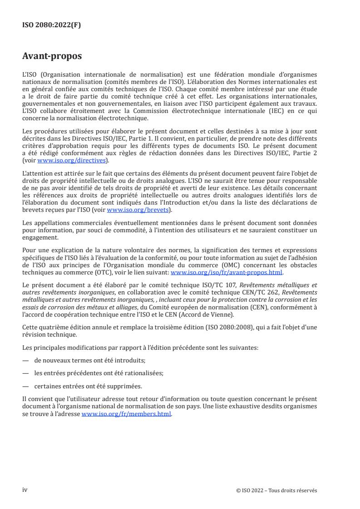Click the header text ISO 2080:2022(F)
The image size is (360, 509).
pos(52,25)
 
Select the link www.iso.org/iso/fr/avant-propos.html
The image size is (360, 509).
pos(226,273)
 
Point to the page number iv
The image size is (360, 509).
pos(25,490)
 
